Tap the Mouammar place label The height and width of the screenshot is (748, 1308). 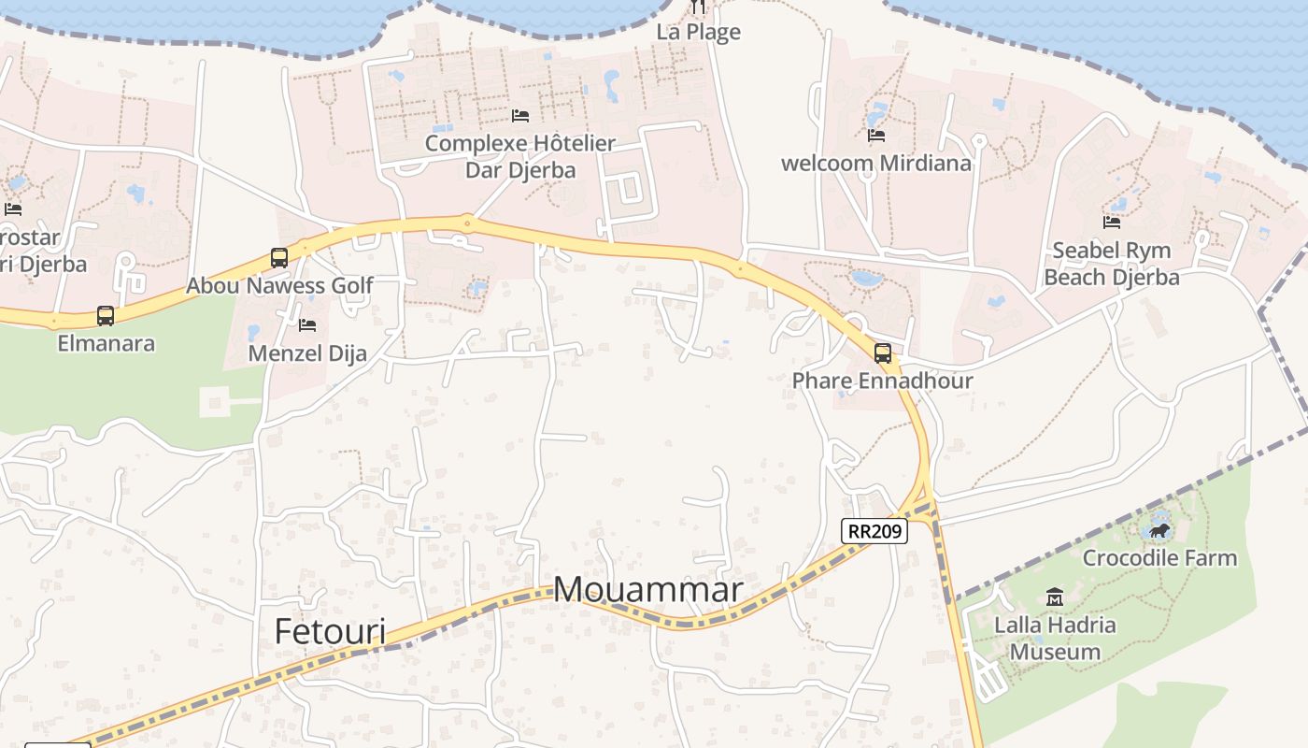coord(648,590)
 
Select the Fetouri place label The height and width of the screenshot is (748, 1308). coord(330,631)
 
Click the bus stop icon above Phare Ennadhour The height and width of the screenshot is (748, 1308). coord(882,353)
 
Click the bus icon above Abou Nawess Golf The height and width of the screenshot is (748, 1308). coord(278,258)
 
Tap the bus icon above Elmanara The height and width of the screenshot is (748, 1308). coord(106,316)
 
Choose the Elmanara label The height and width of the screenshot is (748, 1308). coord(106,343)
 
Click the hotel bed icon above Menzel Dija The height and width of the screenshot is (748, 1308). coord(307,325)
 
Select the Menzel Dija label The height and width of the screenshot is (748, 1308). coord(307,353)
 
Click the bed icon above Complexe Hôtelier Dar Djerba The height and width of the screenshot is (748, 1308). coord(520,116)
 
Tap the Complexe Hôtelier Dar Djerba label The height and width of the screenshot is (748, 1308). coord(520,156)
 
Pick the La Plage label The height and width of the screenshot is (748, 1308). coord(698,32)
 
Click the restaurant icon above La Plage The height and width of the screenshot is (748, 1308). coord(698,7)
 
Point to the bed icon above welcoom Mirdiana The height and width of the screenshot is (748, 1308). coord(876,136)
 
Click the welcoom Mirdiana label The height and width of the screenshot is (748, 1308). coord(876,164)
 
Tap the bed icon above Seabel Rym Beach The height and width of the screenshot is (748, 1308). coord(1112,223)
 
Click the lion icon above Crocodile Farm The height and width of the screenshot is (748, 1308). coord(1159,531)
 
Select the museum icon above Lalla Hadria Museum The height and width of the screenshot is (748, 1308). coord(1055,597)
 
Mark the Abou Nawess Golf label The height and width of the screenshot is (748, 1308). coord(279,285)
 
